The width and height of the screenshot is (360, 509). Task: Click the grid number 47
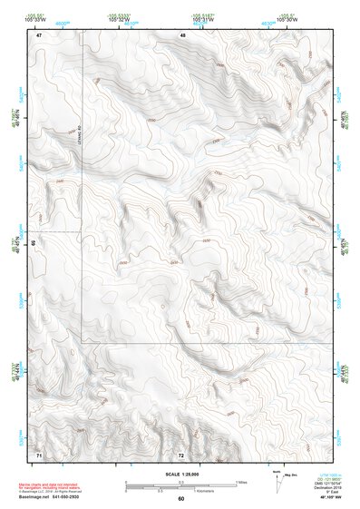(39, 34)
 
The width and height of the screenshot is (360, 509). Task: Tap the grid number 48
(183, 34)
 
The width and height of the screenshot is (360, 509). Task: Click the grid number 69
(34, 243)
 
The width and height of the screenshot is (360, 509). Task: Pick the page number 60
(180, 498)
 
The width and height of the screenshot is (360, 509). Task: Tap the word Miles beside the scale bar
(241, 481)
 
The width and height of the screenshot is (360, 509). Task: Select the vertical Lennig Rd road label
(80, 133)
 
